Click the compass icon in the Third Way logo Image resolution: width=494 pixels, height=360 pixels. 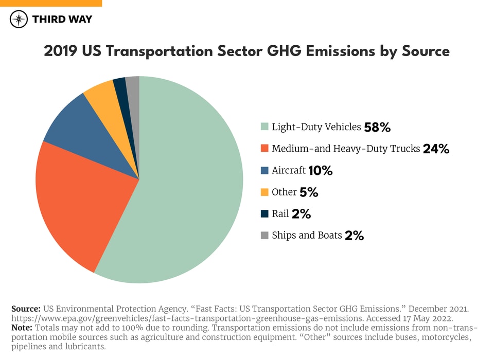pyautogui.click(x=19, y=20)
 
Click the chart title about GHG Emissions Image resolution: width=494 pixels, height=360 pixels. pyautogui.click(x=246, y=51)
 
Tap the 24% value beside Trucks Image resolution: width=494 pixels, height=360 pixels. pyautogui.click(x=436, y=149)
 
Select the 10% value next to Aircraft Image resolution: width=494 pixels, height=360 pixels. pyautogui.click(x=320, y=171)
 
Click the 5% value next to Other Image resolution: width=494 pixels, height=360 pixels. pyautogui.click(x=309, y=192)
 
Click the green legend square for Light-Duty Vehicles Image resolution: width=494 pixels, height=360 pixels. pyautogui.click(x=264, y=127)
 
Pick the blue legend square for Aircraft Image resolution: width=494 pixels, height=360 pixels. pyautogui.click(x=264, y=170)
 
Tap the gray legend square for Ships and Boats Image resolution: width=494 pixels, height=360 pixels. pyautogui.click(x=264, y=236)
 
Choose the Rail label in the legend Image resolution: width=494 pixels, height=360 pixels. pyautogui.click(x=280, y=213)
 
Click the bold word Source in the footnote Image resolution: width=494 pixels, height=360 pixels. pyautogui.click(x=26, y=309)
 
